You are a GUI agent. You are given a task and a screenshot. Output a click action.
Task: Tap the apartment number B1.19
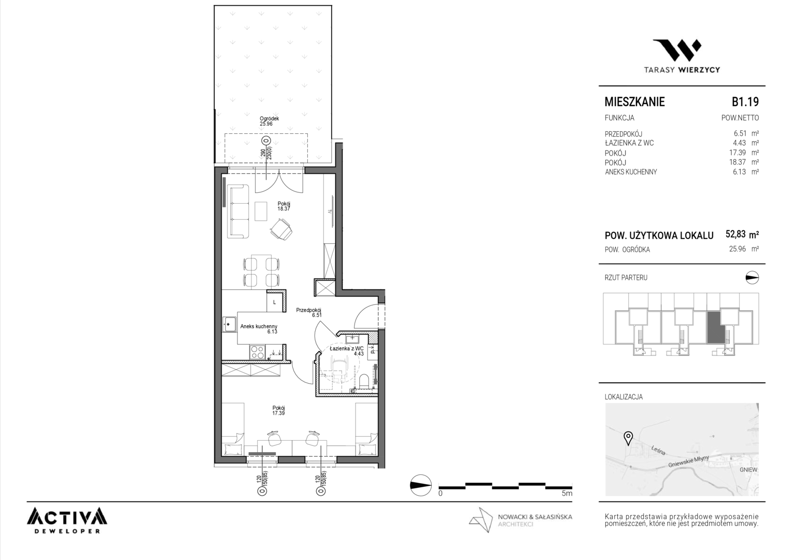tap(745, 102)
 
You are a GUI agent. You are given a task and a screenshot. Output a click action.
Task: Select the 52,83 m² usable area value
tap(742, 234)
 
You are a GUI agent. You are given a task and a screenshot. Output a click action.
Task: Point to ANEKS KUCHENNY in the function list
tap(631, 172)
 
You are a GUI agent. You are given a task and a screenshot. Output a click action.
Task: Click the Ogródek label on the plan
tap(270, 119)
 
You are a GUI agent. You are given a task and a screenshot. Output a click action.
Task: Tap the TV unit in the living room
tap(332, 211)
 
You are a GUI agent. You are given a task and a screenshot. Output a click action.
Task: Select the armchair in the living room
tap(281, 229)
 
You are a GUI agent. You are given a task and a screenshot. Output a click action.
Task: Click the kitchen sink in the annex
tap(230, 325)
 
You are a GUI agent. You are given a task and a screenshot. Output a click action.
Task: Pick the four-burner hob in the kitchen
tap(257, 353)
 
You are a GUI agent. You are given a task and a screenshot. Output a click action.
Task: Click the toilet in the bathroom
tap(364, 381)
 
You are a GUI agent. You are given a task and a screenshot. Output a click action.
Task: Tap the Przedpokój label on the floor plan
tap(308, 310)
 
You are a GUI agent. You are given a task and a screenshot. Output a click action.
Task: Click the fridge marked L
tap(275, 302)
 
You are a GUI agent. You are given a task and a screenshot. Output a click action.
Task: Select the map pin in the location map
tap(628, 438)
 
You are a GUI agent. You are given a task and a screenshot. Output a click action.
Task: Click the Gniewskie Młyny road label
tap(688, 461)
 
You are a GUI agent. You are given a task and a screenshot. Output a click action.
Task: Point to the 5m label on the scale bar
tap(567, 493)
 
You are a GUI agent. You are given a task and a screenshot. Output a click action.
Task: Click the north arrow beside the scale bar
tap(421, 485)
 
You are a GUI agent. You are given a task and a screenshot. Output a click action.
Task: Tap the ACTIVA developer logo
tap(67, 520)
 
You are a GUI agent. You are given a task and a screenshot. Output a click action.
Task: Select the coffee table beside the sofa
tap(261, 211)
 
